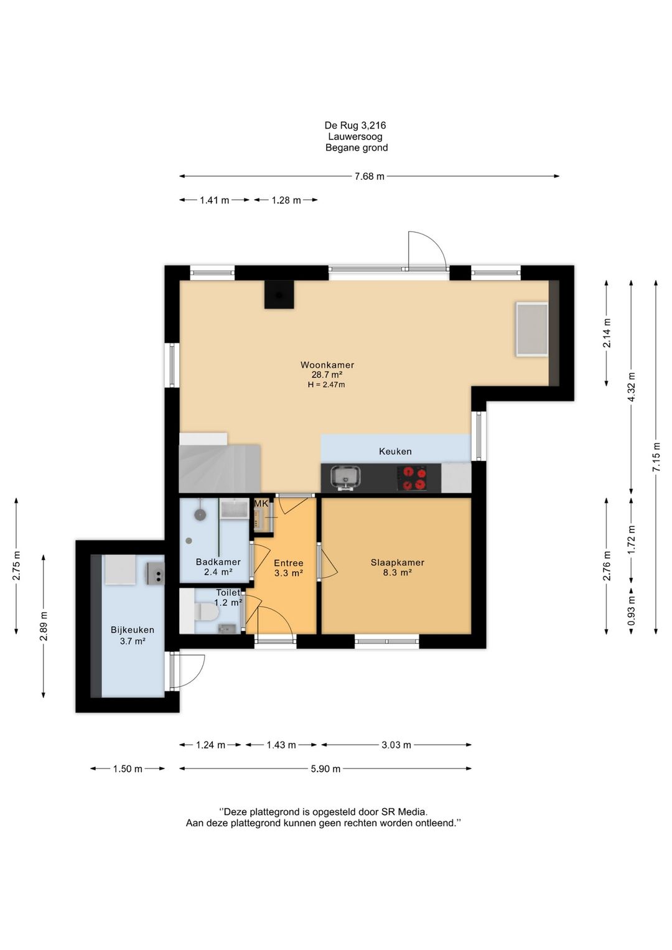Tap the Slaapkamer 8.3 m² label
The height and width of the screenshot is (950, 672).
click(x=397, y=567)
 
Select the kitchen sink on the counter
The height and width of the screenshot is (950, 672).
click(x=345, y=478)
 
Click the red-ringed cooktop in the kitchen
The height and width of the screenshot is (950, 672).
click(x=413, y=478)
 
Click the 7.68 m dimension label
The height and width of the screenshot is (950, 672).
click(x=369, y=177)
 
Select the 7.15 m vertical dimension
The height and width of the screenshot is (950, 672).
click(x=656, y=457)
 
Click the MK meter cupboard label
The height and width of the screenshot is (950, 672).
click(x=261, y=503)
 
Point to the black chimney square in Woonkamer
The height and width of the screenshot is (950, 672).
click(x=279, y=294)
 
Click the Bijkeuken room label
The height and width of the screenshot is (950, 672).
click(x=132, y=630)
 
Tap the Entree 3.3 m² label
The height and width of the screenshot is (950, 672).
click(x=289, y=568)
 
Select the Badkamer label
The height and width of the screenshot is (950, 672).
click(x=218, y=562)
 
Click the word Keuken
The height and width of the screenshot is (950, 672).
click(x=395, y=451)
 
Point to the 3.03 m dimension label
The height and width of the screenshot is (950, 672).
click(x=396, y=745)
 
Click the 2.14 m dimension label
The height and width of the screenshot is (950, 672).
click(x=607, y=333)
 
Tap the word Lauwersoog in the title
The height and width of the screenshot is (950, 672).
click(x=355, y=137)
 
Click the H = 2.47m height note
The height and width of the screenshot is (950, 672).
click(x=326, y=384)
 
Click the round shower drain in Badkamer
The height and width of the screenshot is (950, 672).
click(x=189, y=541)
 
